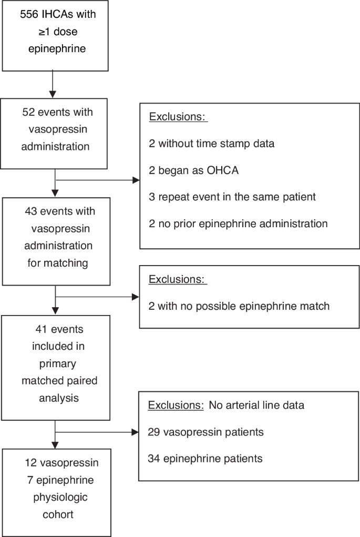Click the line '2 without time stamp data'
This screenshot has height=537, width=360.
211,143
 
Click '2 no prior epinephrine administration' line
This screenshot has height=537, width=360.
238,224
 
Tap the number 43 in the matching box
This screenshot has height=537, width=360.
31,211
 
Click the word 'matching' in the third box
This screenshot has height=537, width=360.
58,262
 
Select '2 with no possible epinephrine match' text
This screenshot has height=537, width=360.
239,306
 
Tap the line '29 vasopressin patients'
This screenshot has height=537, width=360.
206,432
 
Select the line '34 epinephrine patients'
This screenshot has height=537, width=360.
205,459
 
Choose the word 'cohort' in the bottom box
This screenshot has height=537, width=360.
57,514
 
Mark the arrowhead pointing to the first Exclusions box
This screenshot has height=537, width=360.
136,180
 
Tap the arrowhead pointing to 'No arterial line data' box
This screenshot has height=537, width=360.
135,432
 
